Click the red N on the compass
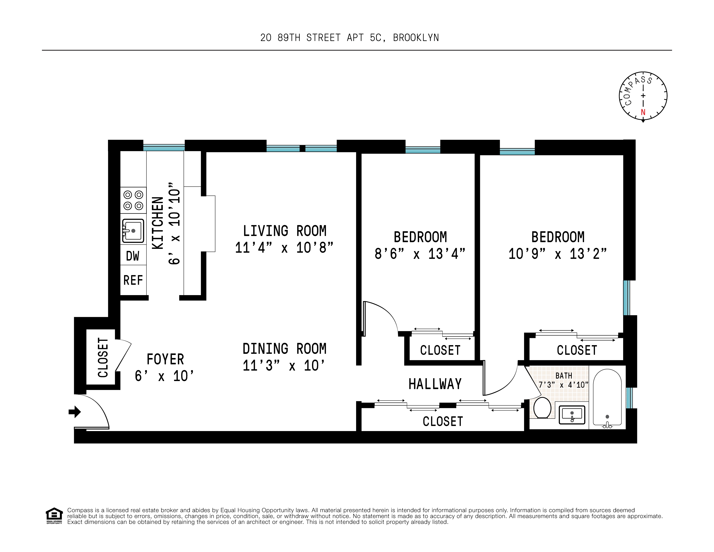point(643,112)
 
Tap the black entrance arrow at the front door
point(75,412)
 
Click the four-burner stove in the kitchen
point(133,200)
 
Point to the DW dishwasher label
point(133,256)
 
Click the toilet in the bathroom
point(542,408)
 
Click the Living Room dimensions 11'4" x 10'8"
point(284,248)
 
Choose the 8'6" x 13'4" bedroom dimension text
point(420,254)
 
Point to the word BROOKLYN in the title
point(416,38)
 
